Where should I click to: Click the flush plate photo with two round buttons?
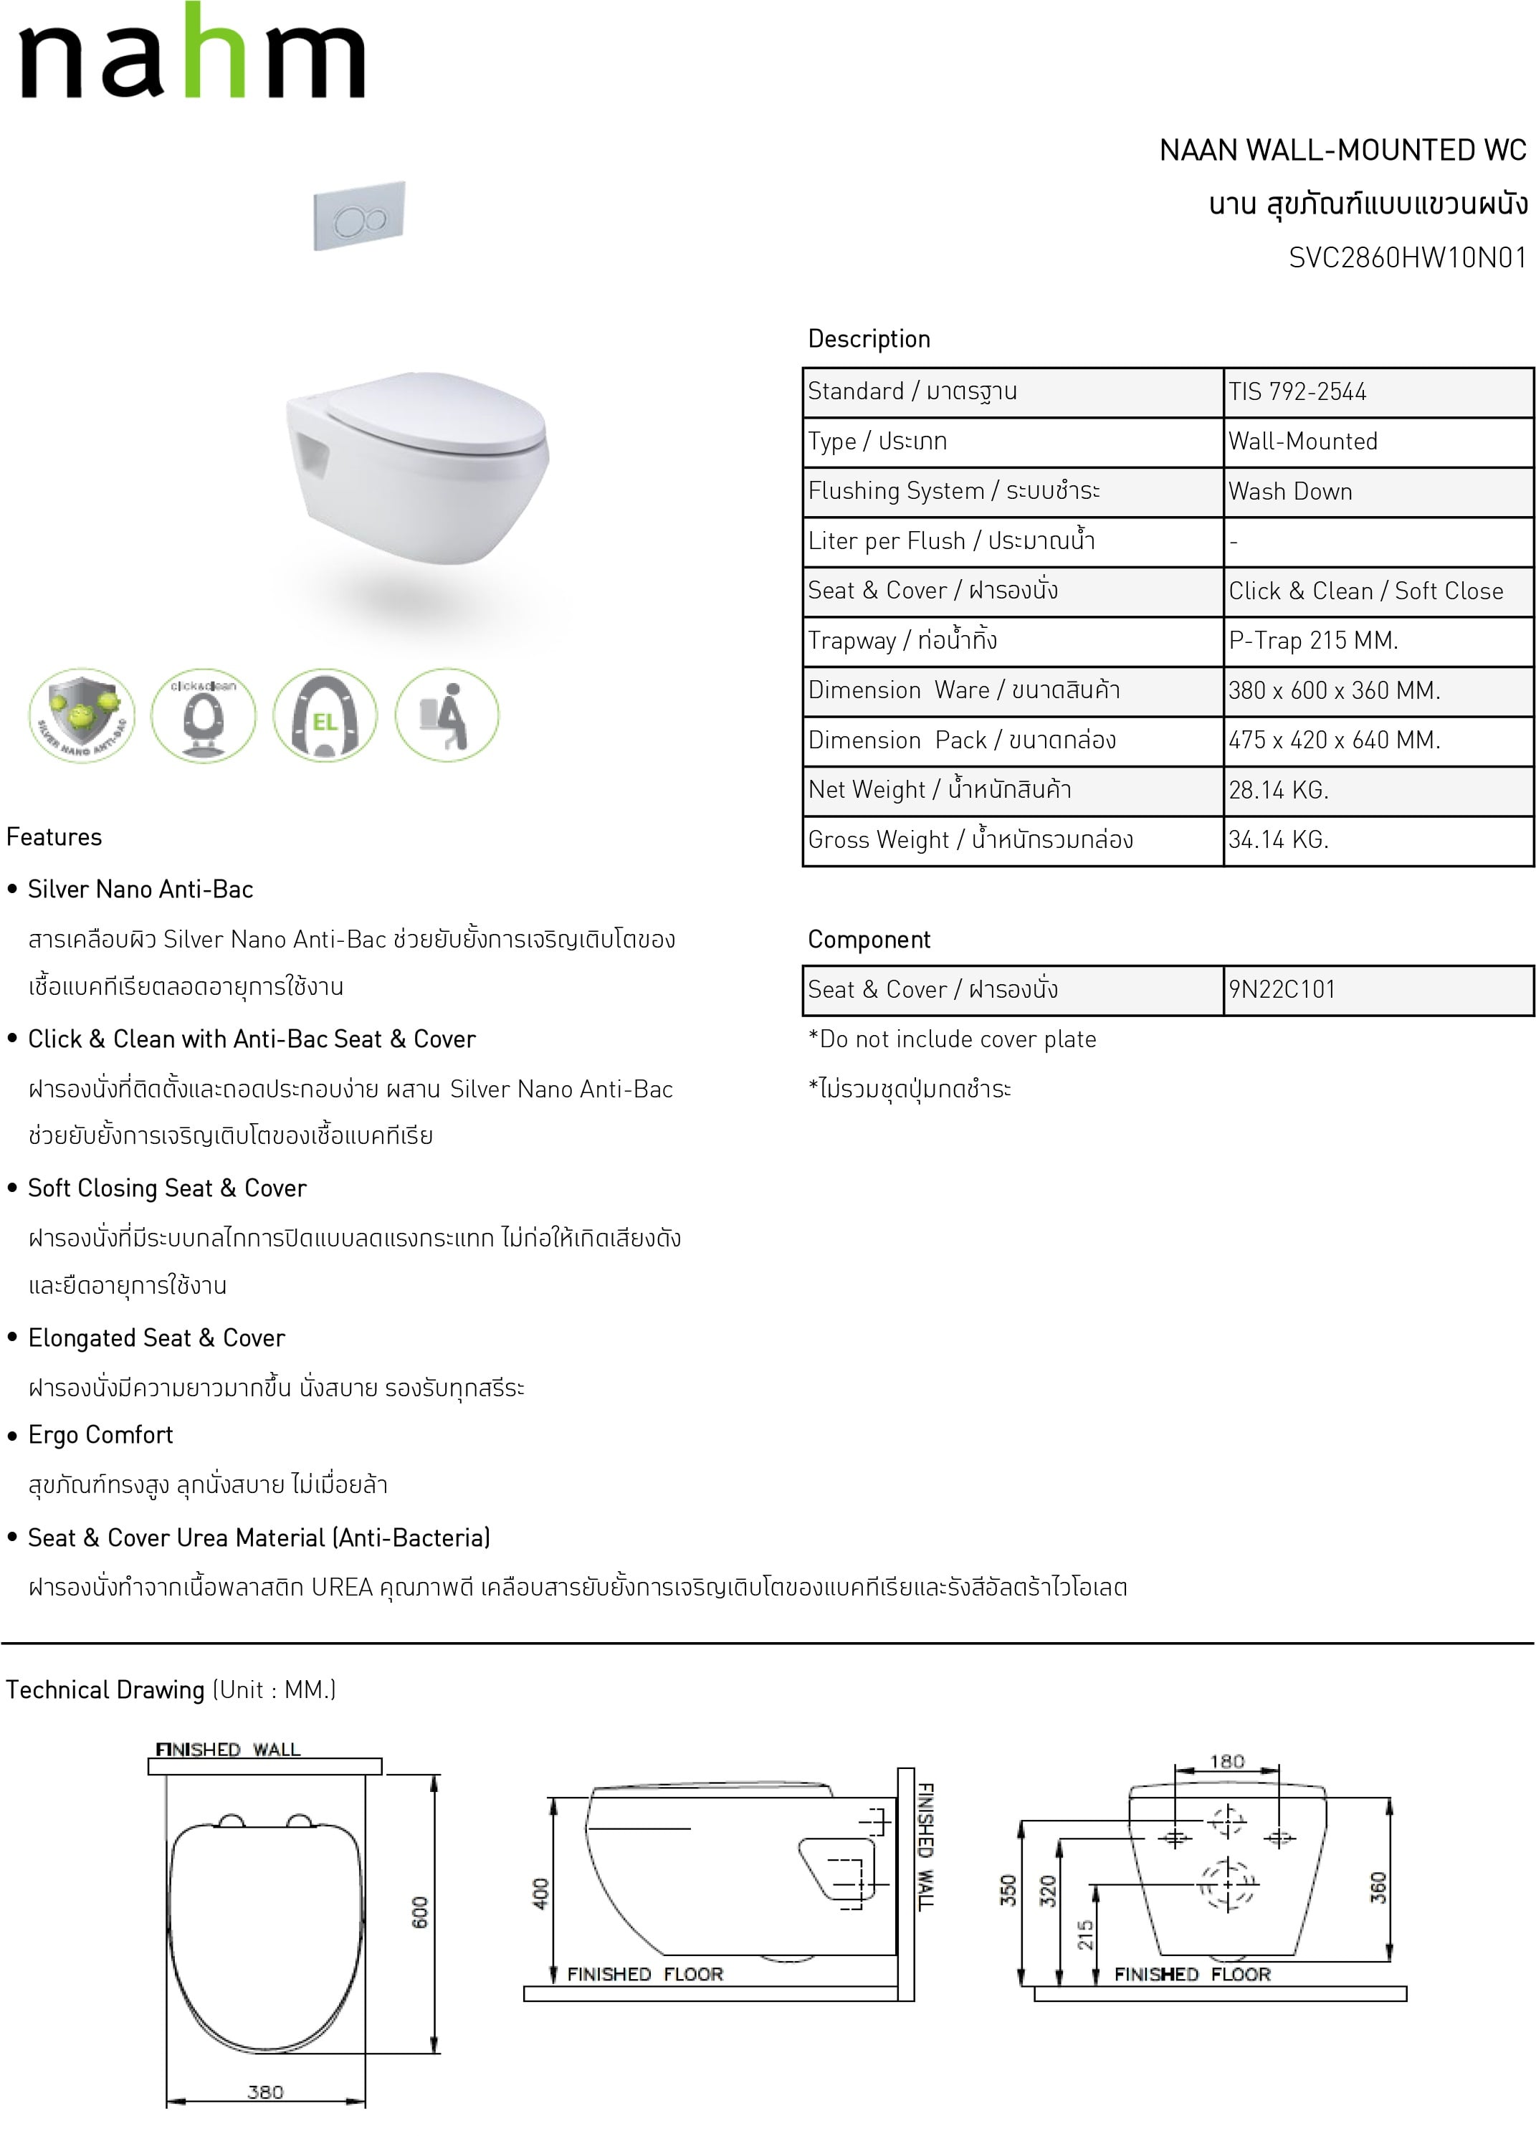(x=359, y=216)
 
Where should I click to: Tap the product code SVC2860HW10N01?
(x=1407, y=258)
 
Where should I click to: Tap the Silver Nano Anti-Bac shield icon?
(x=82, y=715)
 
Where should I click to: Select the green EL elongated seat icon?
(x=325, y=715)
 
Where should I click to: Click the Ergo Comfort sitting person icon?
(x=447, y=715)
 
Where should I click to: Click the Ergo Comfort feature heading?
(x=101, y=1435)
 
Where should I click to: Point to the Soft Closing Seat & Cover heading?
(x=167, y=1188)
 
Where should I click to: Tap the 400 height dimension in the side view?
(x=540, y=1894)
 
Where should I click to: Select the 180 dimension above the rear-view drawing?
(x=1226, y=1761)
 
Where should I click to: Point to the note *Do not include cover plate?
(x=952, y=1040)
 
